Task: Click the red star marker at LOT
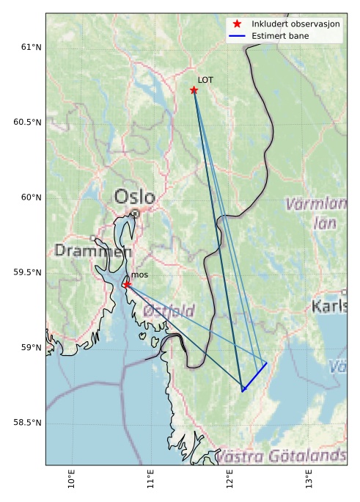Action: coord(194,90)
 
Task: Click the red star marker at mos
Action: coord(127,284)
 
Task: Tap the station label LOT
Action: coord(205,80)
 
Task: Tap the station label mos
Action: coord(139,274)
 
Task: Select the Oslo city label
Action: coord(134,197)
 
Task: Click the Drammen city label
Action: coord(92,251)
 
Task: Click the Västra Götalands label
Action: coord(282,456)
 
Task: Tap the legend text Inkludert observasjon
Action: coord(295,24)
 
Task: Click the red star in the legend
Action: coord(237,24)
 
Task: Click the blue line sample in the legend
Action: coord(237,35)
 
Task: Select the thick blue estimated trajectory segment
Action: coord(254,377)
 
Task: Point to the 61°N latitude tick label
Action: coord(29,47)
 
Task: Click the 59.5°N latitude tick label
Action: coord(26,272)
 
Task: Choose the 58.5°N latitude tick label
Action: coord(26,423)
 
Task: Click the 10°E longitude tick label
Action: coord(71,478)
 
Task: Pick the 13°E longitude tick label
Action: coord(309,478)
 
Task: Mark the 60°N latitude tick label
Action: coord(29,197)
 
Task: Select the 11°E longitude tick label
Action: coord(150,478)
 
